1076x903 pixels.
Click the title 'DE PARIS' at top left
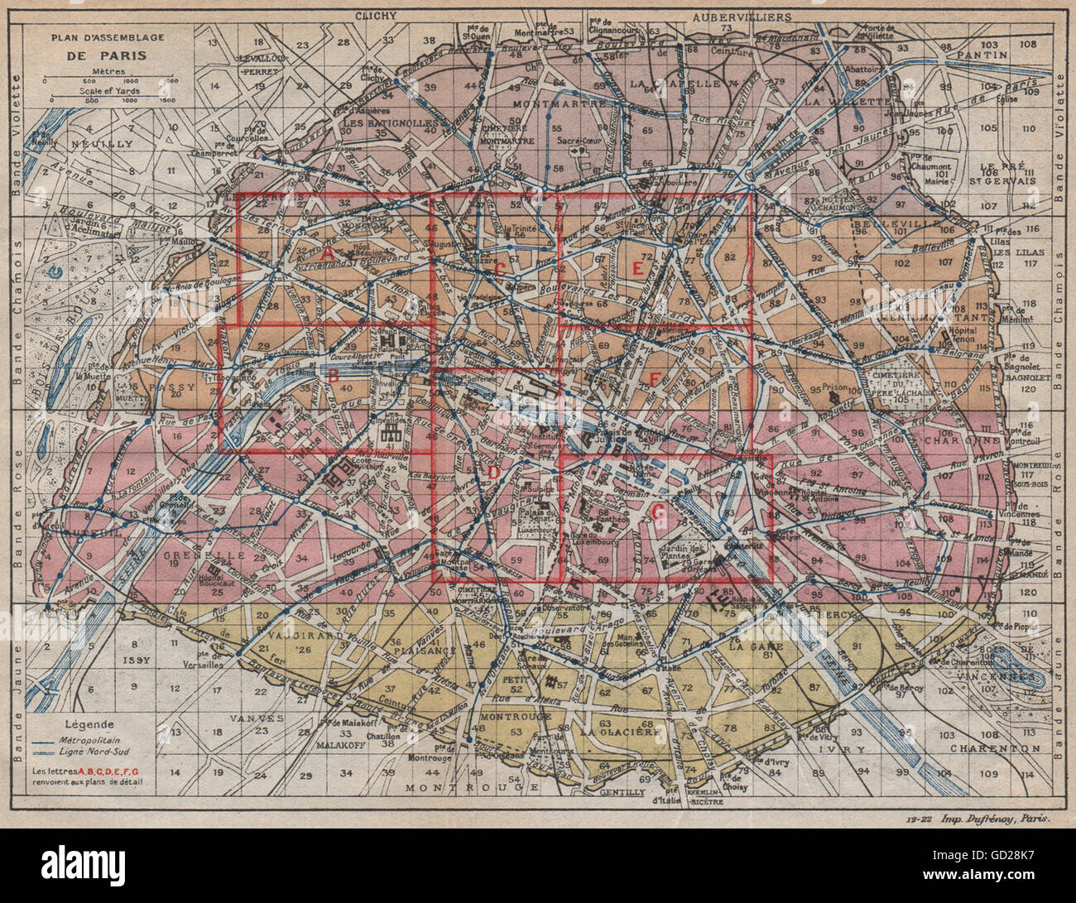pos(108,55)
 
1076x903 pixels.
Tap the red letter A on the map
pos(327,251)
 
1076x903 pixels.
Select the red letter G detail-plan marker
pos(658,512)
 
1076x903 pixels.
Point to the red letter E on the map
pos(636,267)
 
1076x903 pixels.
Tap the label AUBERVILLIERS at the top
pos(742,17)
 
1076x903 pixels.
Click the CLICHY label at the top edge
pos(377,16)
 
